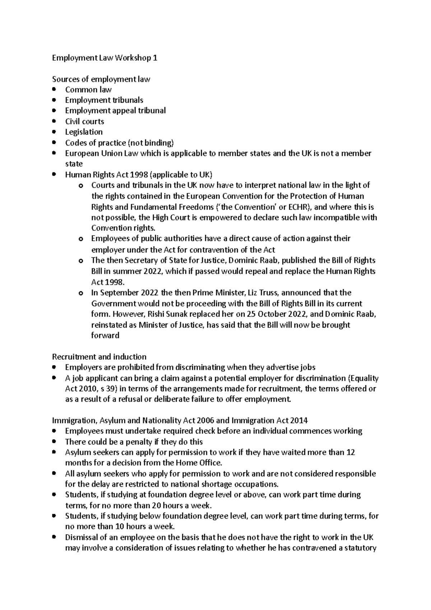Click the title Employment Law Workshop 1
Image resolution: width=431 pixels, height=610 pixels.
(105, 58)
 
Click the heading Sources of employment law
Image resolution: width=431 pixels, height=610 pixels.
(101, 79)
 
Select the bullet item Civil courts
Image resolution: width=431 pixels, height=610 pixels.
(84, 121)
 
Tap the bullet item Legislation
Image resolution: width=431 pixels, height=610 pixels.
(84, 132)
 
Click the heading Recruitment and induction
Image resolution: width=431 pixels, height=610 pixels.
(99, 357)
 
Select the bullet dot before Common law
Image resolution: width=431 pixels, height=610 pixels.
(54, 89)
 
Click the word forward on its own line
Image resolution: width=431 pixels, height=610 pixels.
(105, 335)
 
